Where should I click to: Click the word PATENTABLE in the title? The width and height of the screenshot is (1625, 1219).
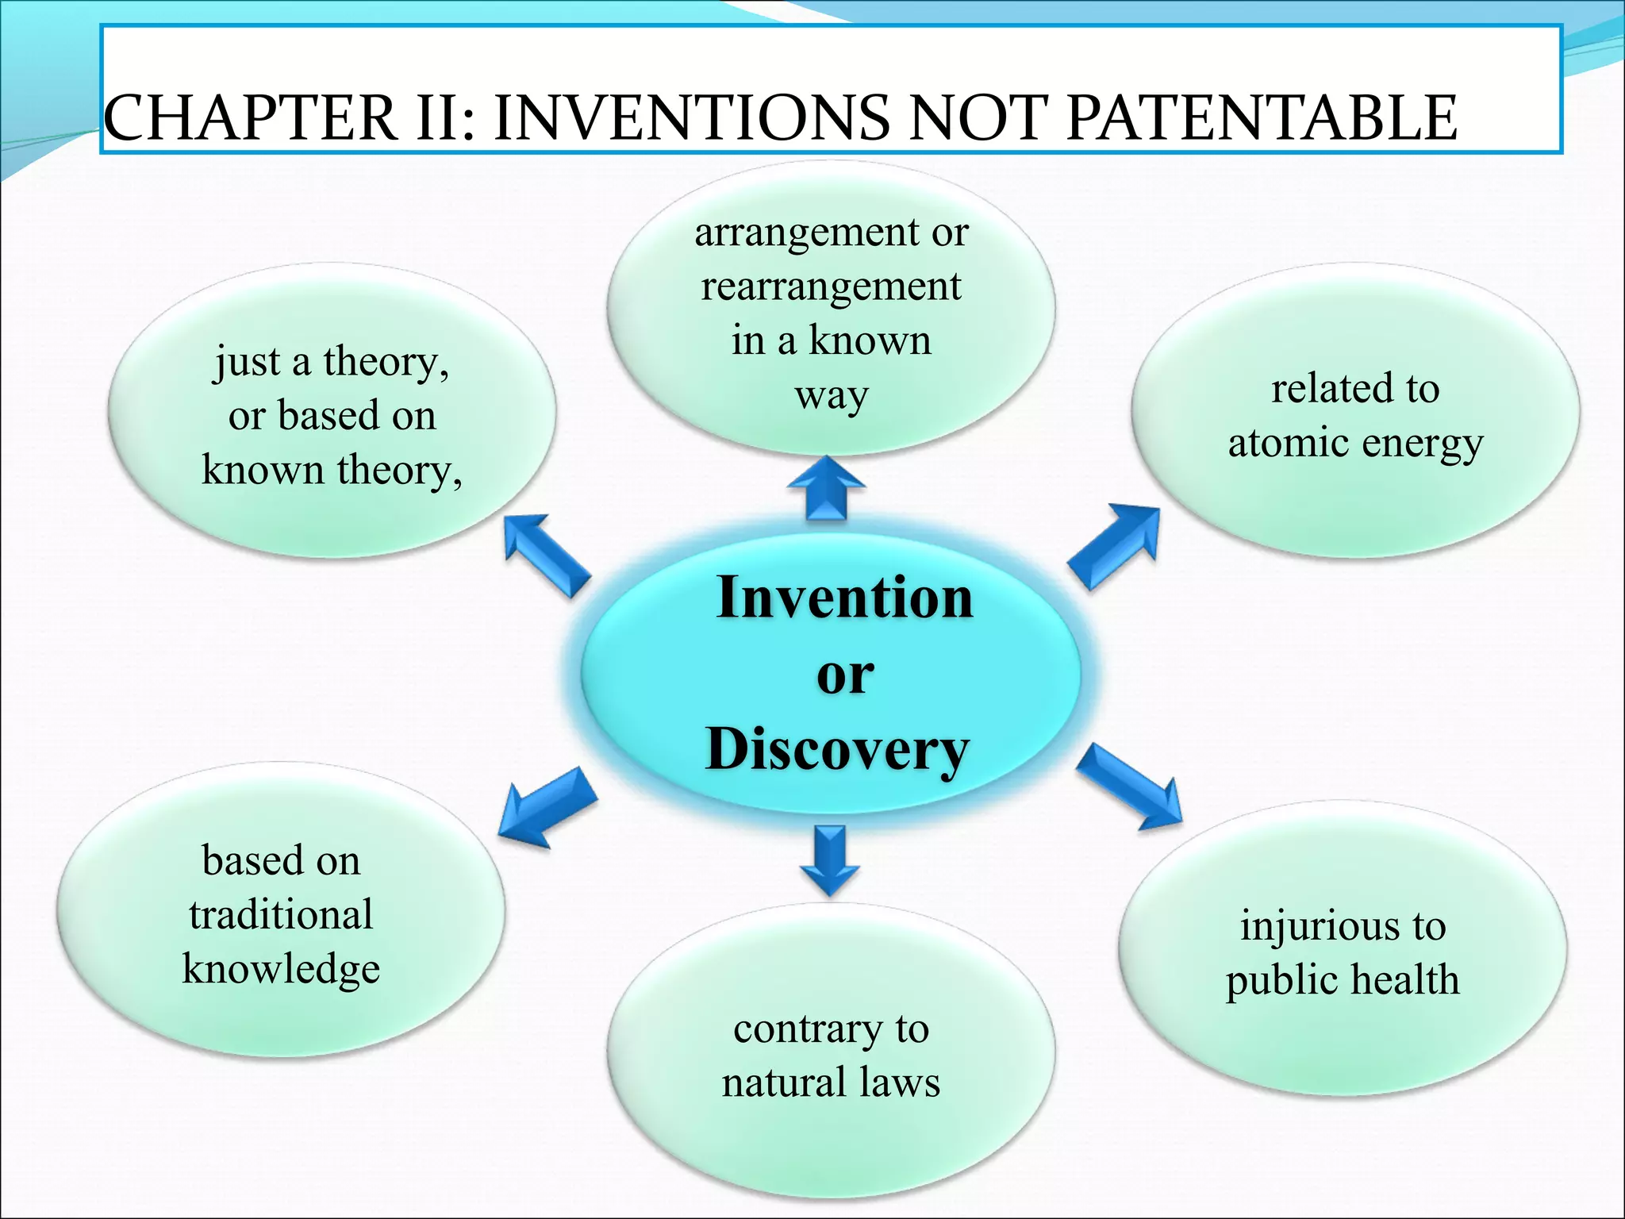coord(1261,118)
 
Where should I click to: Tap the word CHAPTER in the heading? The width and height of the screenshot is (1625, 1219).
coord(250,118)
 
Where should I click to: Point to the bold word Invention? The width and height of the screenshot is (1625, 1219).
coord(844,597)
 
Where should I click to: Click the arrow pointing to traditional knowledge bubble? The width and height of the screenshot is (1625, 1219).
coord(547,807)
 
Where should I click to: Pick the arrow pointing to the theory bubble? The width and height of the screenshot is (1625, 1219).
coord(545,554)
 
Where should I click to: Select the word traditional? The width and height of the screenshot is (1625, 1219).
coord(281,914)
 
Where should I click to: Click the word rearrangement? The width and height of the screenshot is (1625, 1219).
coord(831,286)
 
